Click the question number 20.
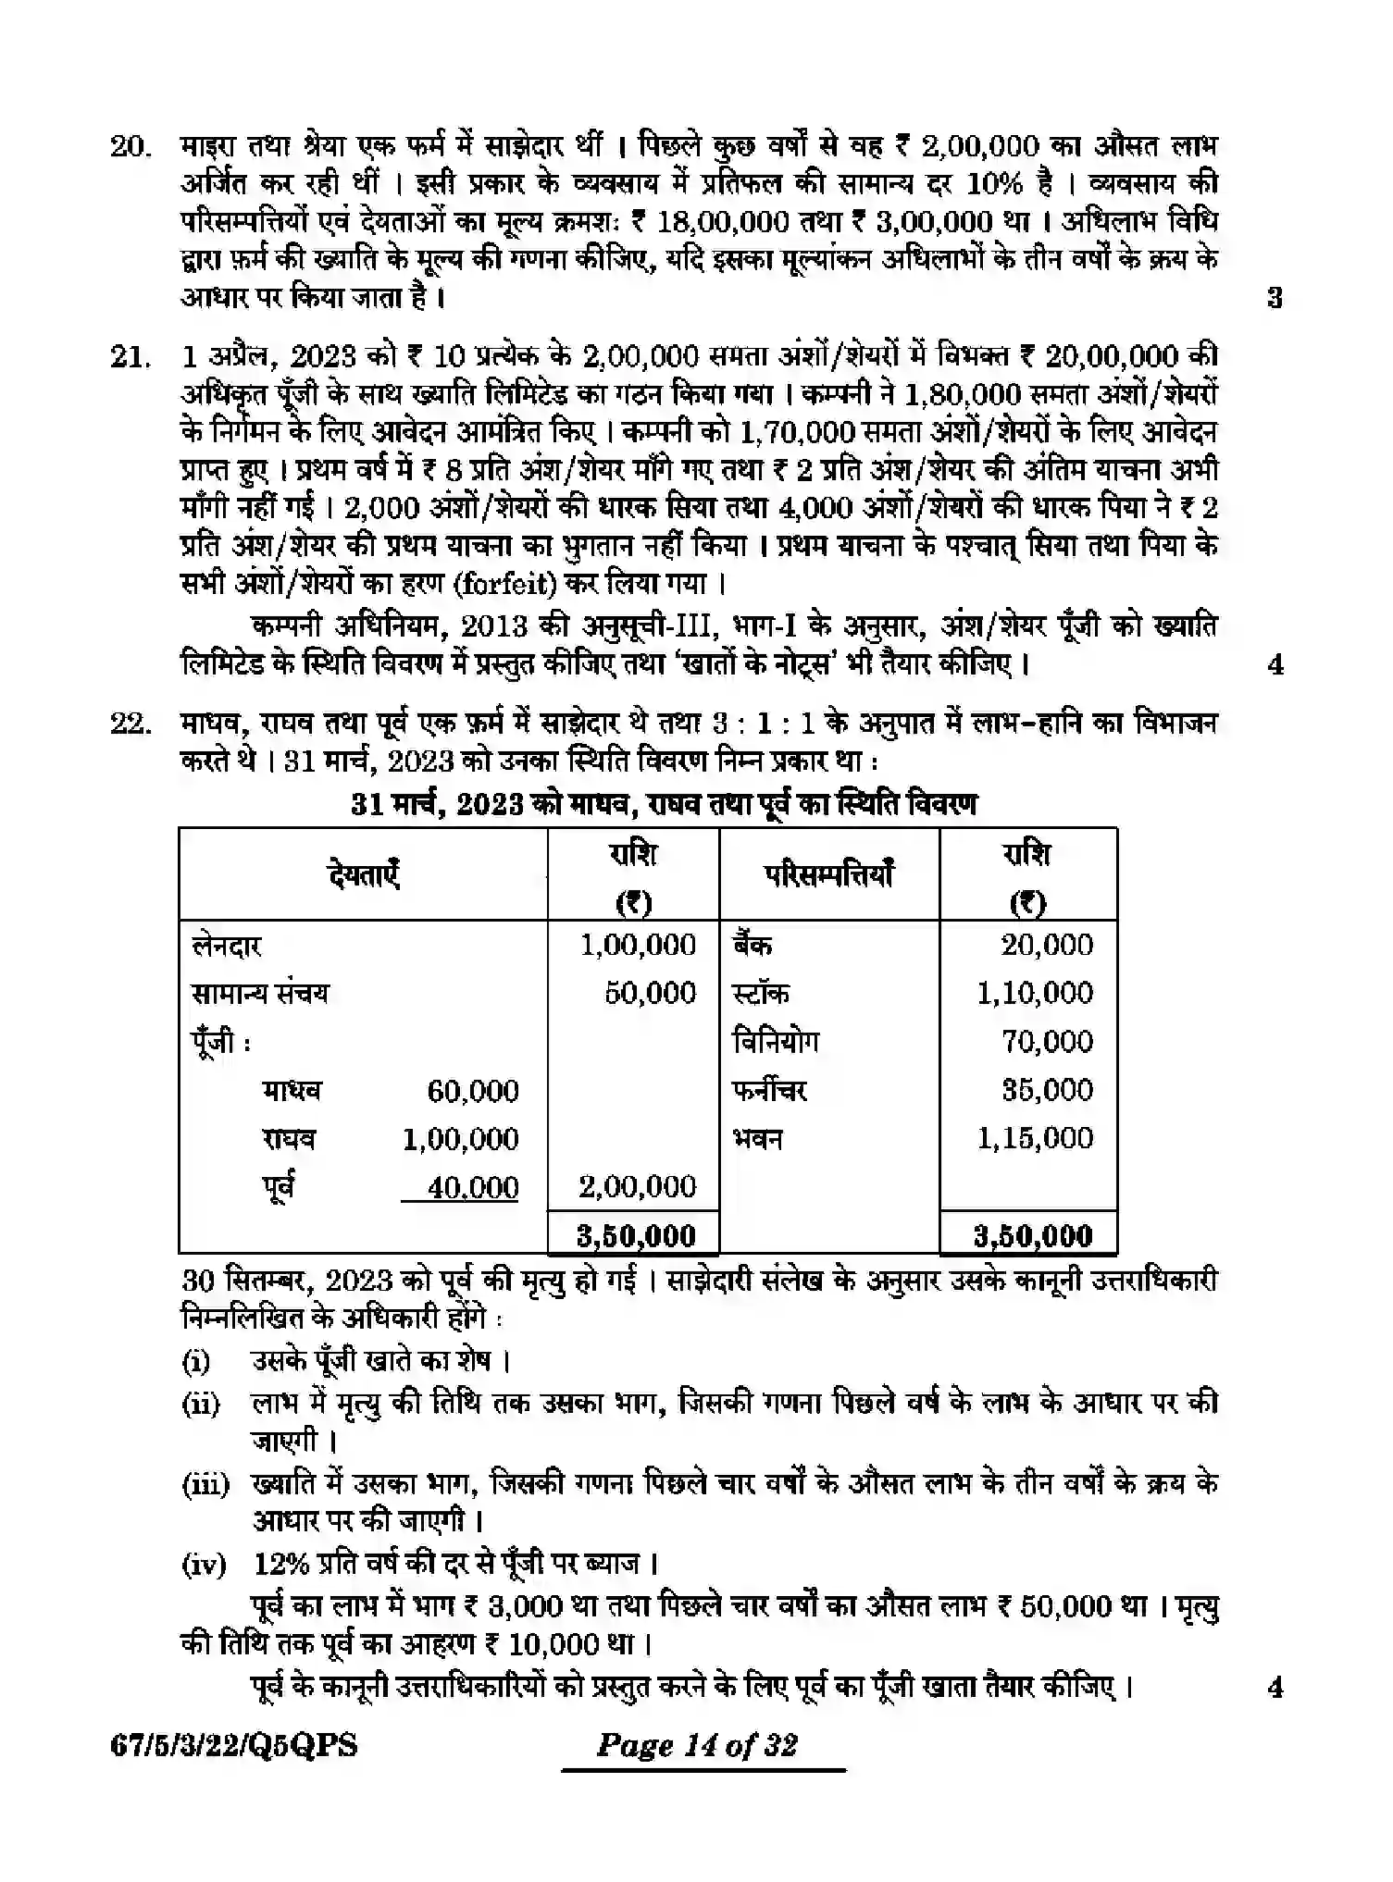point(130,147)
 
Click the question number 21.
point(130,357)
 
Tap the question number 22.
point(130,723)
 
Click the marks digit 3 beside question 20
point(1275,298)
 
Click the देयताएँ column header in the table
point(363,874)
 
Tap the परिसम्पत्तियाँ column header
point(829,874)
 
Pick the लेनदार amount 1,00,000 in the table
point(638,945)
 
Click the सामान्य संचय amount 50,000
point(650,993)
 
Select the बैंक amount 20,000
point(1047,945)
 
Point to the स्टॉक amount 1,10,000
point(1035,993)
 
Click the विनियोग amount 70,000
point(1047,1042)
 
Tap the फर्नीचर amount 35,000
point(1047,1090)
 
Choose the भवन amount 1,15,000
point(1035,1138)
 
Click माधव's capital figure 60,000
point(472,1091)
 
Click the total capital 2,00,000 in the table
point(638,1187)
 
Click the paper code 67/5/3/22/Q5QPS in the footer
point(233,1746)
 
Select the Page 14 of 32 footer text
point(697,1746)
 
